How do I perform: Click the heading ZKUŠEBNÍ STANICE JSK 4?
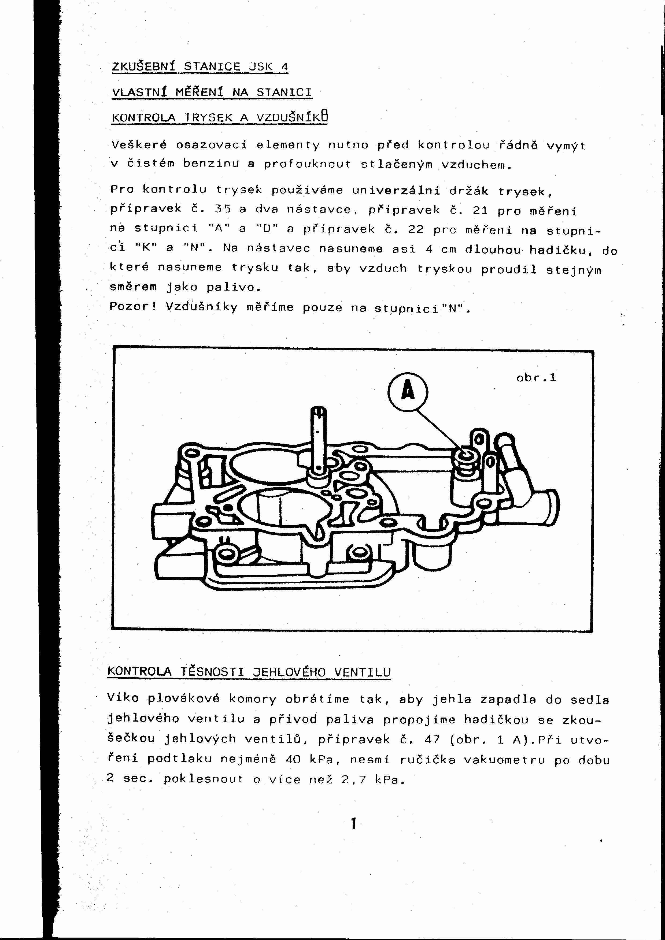point(200,66)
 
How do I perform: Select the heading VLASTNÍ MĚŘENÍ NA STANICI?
point(212,92)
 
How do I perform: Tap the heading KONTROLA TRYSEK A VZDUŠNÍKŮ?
point(220,117)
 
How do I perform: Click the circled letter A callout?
point(407,392)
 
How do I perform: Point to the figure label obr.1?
point(536,377)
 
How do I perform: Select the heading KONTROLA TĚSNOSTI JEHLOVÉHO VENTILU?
point(249,672)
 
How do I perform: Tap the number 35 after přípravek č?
point(223,209)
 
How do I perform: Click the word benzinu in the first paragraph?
point(210,164)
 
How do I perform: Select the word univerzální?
point(396,190)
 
